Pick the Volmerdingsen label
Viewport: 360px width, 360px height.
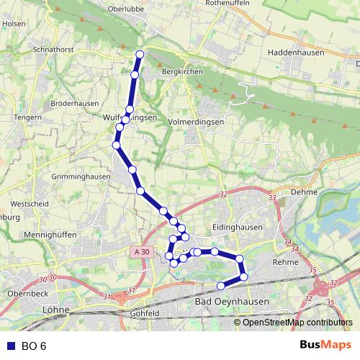196,122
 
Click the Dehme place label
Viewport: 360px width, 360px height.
304,192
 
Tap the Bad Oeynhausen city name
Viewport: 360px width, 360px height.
232,300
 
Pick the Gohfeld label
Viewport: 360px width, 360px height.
145,313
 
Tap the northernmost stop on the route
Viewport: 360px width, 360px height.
140,55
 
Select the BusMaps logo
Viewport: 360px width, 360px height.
325,346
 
